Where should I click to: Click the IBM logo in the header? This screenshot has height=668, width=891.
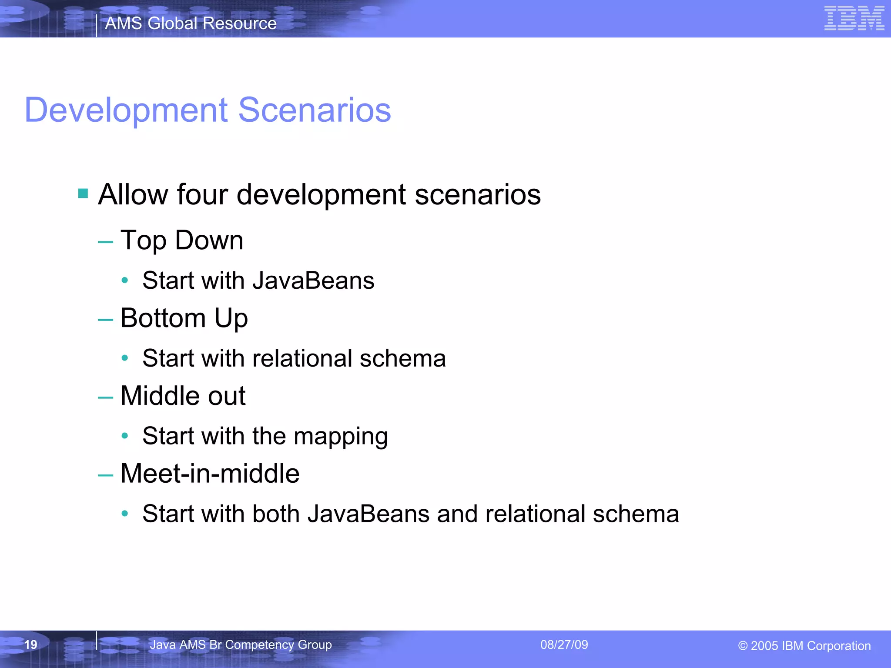[854, 18]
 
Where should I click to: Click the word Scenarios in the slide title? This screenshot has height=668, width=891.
[315, 110]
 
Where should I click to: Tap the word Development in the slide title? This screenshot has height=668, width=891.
[126, 110]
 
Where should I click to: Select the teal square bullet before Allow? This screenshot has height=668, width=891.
[83, 193]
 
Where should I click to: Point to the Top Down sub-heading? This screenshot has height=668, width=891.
[181, 240]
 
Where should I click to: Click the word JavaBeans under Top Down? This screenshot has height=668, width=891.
[313, 281]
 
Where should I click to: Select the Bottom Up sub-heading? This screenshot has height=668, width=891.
[184, 318]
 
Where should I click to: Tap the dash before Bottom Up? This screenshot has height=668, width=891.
[105, 320]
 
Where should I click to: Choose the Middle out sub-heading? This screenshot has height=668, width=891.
[183, 396]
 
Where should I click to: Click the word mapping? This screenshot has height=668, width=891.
[341, 436]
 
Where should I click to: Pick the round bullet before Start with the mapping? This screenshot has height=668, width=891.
[125, 435]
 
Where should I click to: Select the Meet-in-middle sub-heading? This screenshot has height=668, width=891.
[210, 474]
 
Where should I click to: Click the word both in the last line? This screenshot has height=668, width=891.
[276, 514]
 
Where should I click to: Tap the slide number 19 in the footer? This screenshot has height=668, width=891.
[30, 645]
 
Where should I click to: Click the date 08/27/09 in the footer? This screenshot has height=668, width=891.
[564, 645]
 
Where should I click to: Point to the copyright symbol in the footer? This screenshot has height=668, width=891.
[743, 646]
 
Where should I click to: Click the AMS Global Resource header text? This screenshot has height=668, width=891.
[191, 23]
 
